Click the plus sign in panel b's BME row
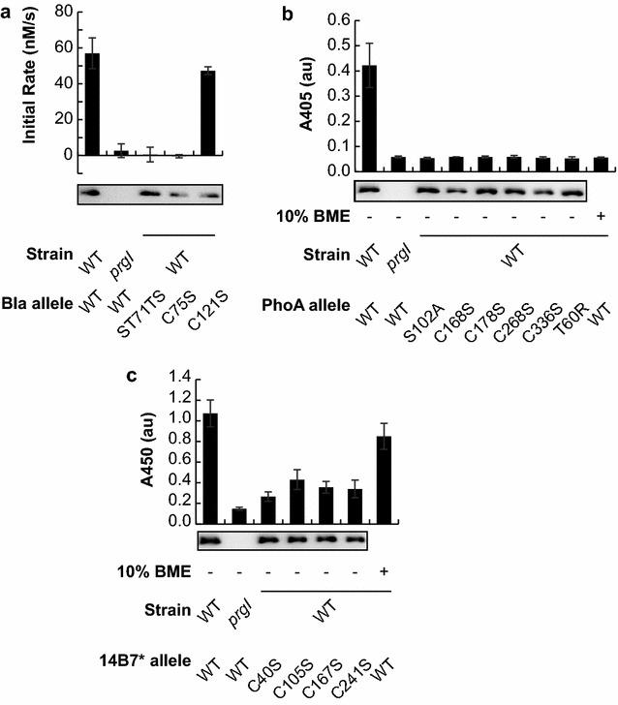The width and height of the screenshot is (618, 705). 602,214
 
